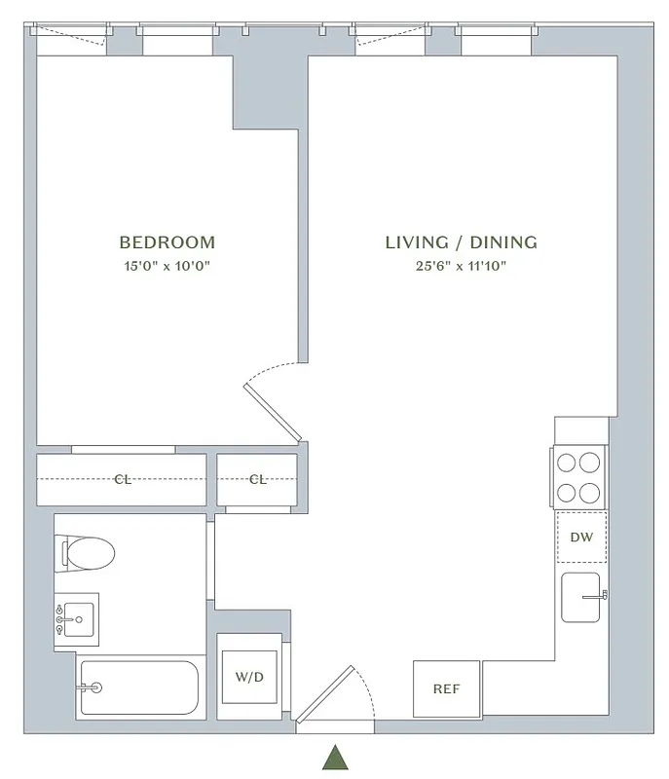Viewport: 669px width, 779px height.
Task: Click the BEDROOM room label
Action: click(167, 242)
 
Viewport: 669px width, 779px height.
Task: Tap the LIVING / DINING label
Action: click(461, 242)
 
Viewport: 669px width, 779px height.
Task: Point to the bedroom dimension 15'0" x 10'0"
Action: click(167, 265)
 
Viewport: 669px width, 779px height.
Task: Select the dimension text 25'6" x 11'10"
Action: click(461, 265)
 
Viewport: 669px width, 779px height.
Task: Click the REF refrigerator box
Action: click(446, 688)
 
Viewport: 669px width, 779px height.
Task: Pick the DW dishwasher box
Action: click(580, 537)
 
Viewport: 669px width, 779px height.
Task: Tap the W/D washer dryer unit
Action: click(249, 676)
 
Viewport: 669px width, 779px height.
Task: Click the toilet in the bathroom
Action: click(88, 553)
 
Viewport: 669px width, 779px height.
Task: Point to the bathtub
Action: click(138, 687)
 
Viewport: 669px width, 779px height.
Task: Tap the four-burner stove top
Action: click(579, 477)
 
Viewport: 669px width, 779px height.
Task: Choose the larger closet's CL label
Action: click(123, 479)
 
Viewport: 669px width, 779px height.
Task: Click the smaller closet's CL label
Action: click(257, 479)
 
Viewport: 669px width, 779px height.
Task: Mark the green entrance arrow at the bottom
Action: click(335, 758)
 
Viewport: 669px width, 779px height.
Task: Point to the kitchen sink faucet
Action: click(603, 594)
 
